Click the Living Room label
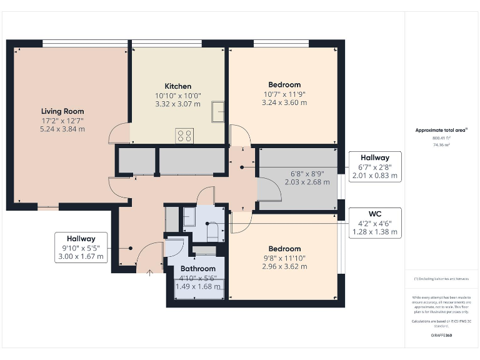[x=62, y=111]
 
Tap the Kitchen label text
[x=178, y=86]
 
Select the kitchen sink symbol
[x=217, y=111]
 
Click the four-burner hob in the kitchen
[x=185, y=135]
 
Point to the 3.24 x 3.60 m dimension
[x=284, y=102]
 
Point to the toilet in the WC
[x=212, y=231]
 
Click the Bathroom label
[x=198, y=269]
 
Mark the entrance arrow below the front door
[x=149, y=272]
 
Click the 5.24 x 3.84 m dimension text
[x=62, y=129]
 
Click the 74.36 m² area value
[x=441, y=144]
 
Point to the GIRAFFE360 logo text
[x=441, y=336]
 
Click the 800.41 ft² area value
[x=441, y=138]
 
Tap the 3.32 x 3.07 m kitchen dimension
[x=178, y=104]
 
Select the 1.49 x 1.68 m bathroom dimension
[x=198, y=287]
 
